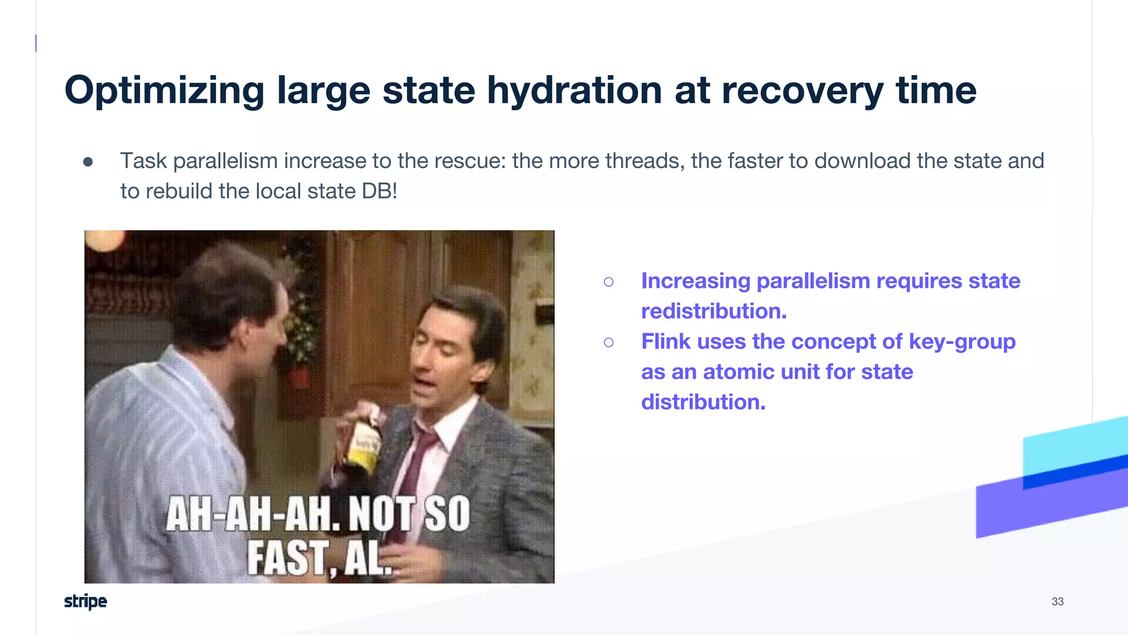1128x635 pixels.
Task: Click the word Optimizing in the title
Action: point(164,91)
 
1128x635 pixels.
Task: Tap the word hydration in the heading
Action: point(574,90)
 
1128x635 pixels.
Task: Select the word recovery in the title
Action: point(802,91)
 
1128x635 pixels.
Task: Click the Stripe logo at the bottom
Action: point(85,601)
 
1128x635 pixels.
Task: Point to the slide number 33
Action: point(1057,601)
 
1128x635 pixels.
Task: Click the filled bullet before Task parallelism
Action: point(88,162)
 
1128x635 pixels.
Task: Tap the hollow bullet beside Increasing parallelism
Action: point(609,282)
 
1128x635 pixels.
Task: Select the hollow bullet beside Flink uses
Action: point(609,343)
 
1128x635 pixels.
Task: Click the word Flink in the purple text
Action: point(666,342)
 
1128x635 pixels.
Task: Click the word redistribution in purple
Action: point(714,311)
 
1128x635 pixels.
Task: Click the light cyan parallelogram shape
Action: point(1074,444)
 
